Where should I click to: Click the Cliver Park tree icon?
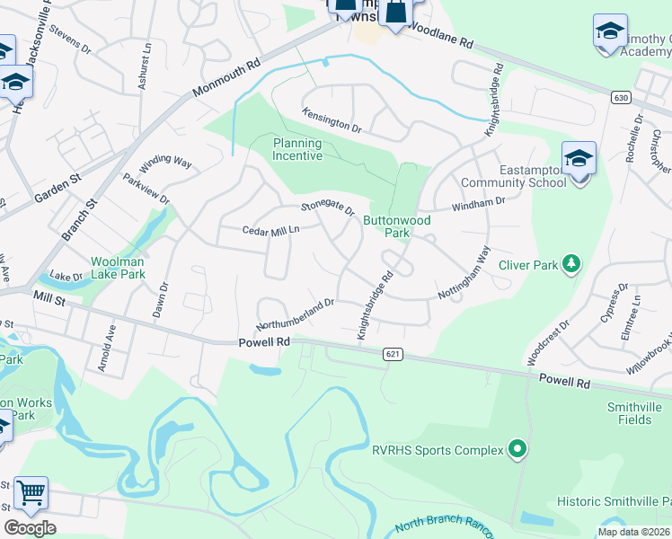(570, 263)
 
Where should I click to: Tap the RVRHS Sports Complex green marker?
(517, 447)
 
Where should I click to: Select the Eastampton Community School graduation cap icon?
(579, 160)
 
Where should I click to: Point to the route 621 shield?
(392, 355)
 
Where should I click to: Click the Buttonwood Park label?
(396, 226)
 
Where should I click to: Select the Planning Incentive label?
(297, 149)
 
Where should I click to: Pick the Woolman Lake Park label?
(118, 267)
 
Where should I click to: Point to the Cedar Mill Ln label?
(270, 231)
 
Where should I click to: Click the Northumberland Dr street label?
(295, 314)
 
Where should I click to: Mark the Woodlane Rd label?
(439, 35)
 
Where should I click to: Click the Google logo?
(30, 528)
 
